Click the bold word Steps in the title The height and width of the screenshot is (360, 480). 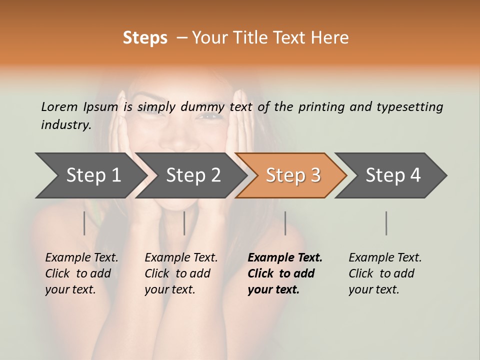pyautogui.click(x=145, y=37)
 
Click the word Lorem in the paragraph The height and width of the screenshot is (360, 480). pyautogui.click(x=59, y=106)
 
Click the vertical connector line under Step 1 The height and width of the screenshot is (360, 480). pyautogui.click(x=84, y=223)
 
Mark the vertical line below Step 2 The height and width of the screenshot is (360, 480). pyautogui.click(x=184, y=223)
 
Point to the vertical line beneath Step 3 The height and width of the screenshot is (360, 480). pyautogui.click(x=285, y=223)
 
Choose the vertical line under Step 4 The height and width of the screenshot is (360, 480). pyautogui.click(x=386, y=223)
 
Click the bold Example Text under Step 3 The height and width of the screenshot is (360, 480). pyautogui.click(x=285, y=257)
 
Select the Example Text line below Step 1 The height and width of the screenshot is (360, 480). pyautogui.click(x=81, y=257)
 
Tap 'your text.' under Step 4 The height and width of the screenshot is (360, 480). pyautogui.click(x=373, y=289)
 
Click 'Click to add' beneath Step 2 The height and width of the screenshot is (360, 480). pyautogui.click(x=177, y=273)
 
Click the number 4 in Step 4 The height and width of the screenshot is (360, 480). pyautogui.click(x=415, y=175)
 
